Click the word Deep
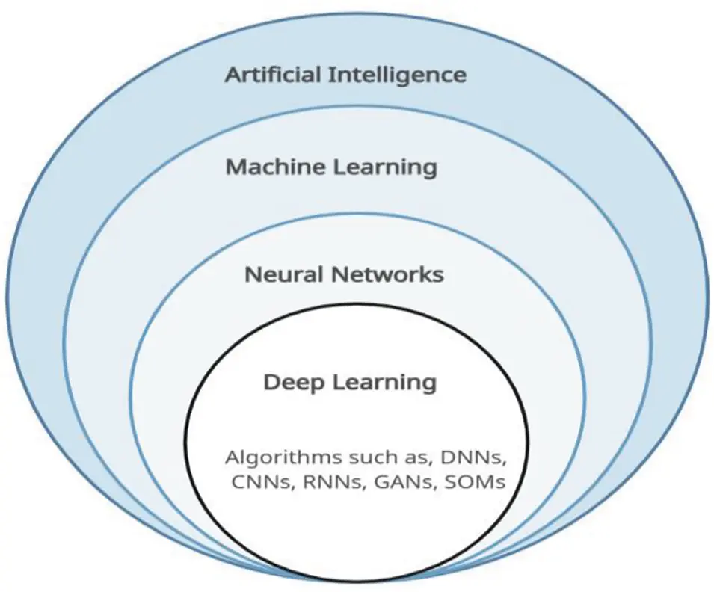pos(294,382)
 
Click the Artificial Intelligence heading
pos(345,75)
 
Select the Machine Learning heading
pos(331,167)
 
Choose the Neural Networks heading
pos(344,274)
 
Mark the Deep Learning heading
pos(349,382)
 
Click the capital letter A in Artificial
pos(233,75)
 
